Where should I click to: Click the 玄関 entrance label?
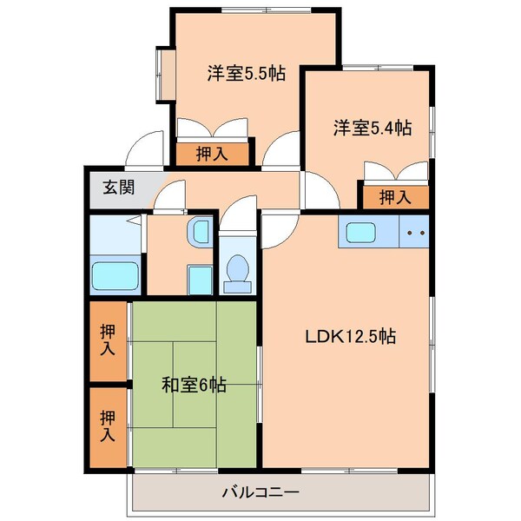(x=118, y=187)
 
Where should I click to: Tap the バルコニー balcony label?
(x=260, y=492)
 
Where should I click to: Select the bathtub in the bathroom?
(x=116, y=276)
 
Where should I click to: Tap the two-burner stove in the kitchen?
(x=415, y=233)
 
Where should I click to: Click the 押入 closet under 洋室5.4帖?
(x=395, y=197)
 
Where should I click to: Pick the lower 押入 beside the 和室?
(x=108, y=426)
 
